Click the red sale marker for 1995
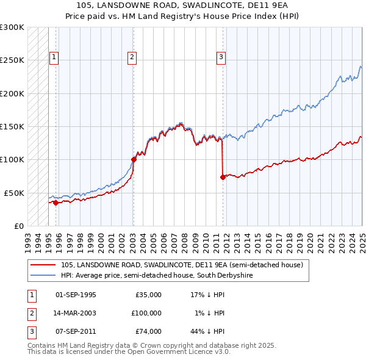tap(56, 203)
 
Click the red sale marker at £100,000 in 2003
tap(134, 159)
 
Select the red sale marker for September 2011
tap(223, 177)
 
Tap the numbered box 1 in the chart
tap(54, 58)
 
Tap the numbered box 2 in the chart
tap(132, 58)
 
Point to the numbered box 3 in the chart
tap(221, 58)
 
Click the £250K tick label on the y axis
tap(12, 60)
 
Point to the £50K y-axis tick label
tap(14, 193)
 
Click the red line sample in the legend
tap(43, 265)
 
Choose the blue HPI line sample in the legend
tap(43, 276)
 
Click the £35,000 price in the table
tap(148, 295)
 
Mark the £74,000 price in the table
tap(148, 331)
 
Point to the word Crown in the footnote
tap(154, 345)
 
